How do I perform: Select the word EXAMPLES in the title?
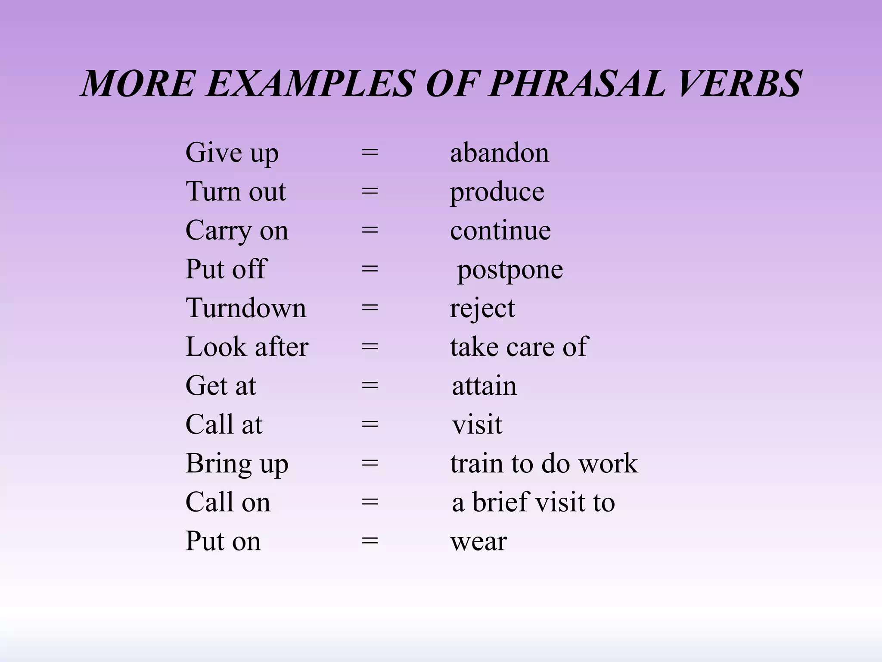click(x=310, y=84)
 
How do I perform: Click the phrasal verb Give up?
click(x=232, y=153)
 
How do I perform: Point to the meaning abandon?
click(x=500, y=153)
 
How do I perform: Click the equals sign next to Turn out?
click(x=370, y=191)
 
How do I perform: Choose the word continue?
click(x=500, y=231)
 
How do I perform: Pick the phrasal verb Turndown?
click(x=246, y=308)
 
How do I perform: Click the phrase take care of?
click(x=519, y=347)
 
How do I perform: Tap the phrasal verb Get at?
click(x=220, y=386)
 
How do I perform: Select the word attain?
click(x=484, y=386)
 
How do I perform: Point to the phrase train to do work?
click(x=544, y=464)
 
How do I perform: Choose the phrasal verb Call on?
click(x=228, y=503)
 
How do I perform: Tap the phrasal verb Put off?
click(x=226, y=269)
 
